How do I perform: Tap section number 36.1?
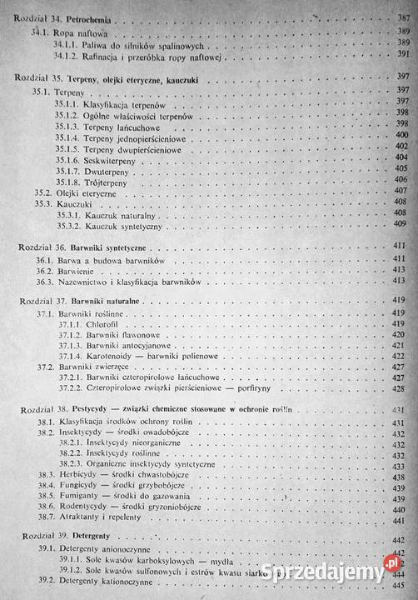tap(44, 261)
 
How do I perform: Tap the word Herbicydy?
tap(78, 474)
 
